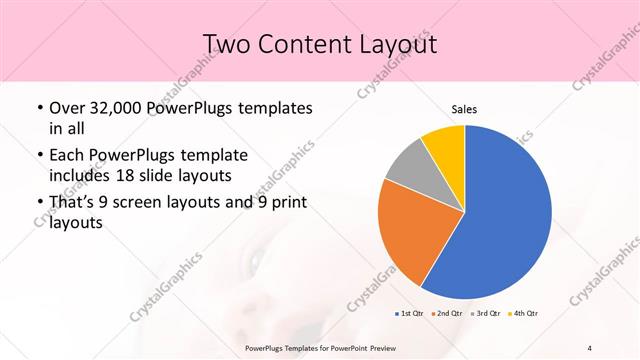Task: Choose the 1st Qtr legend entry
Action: click(x=408, y=314)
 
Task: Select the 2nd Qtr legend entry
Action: click(x=445, y=314)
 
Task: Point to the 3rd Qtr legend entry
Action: click(x=484, y=314)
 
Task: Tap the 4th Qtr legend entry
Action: click(x=523, y=314)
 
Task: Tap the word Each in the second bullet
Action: click(x=67, y=155)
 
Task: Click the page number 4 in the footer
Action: click(x=590, y=348)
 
